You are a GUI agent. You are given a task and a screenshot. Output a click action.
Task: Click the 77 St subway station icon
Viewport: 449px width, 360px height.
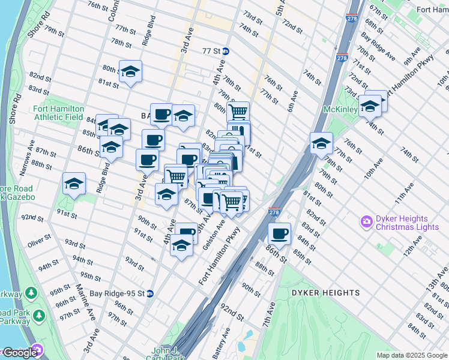225,52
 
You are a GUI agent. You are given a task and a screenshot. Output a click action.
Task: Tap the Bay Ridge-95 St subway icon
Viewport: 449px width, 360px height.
149,294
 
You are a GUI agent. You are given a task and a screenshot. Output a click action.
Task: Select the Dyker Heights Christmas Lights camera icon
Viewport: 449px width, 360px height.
366,223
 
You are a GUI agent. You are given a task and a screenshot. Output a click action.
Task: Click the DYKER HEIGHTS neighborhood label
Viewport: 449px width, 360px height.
325,293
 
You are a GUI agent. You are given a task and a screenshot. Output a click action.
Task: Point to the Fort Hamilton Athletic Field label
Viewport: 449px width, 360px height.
58,113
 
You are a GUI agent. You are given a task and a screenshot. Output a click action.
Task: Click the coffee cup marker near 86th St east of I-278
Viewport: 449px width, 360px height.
279,233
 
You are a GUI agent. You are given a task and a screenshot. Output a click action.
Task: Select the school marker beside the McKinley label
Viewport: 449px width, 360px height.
370,106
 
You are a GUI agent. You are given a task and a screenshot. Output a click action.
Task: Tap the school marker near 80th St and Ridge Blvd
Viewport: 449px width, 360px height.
130,73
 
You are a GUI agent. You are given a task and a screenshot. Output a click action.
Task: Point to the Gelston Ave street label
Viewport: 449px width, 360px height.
214,235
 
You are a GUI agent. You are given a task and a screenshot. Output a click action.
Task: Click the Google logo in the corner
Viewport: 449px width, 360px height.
20,353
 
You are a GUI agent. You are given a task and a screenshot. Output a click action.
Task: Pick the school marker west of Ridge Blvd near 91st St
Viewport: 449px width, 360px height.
74,185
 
